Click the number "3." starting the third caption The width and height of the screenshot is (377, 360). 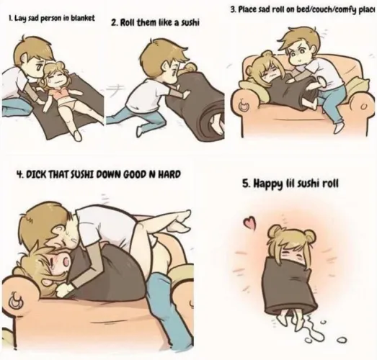pos(233,10)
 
